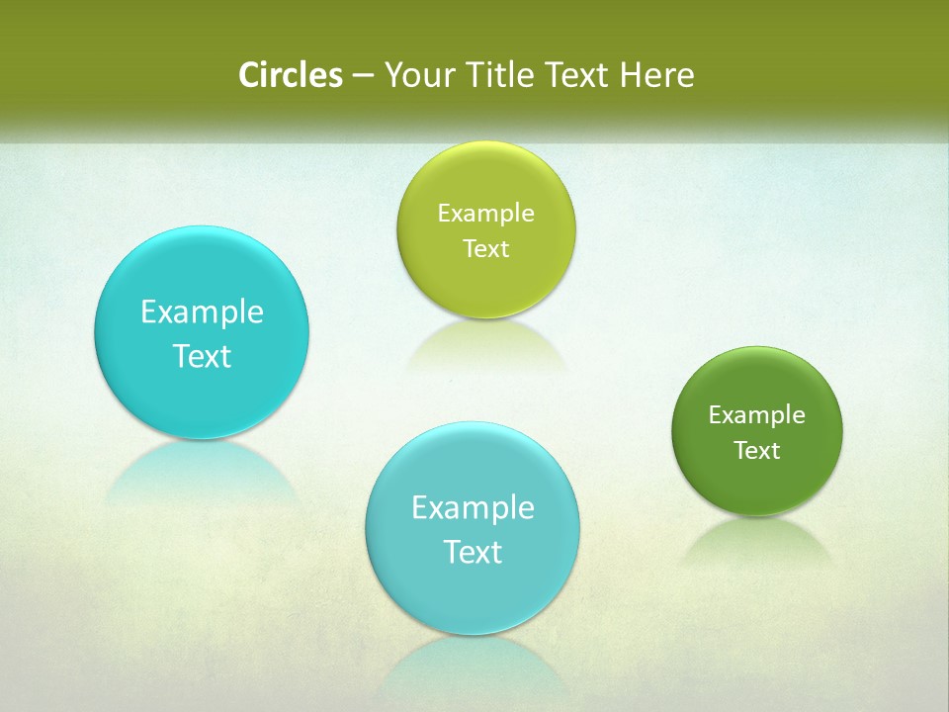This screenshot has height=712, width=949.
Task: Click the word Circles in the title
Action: point(290,75)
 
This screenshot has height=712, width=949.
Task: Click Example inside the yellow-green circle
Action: point(485,213)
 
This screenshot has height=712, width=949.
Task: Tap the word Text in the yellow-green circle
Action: point(485,248)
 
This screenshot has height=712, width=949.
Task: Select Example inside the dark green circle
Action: point(756,414)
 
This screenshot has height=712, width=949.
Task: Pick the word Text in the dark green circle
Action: point(756,450)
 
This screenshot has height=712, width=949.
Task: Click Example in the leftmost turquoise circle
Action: point(202,311)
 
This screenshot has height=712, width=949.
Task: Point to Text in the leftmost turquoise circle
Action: point(202,356)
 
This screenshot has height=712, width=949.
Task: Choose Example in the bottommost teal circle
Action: point(473,507)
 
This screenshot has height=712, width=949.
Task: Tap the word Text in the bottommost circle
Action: point(473,552)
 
